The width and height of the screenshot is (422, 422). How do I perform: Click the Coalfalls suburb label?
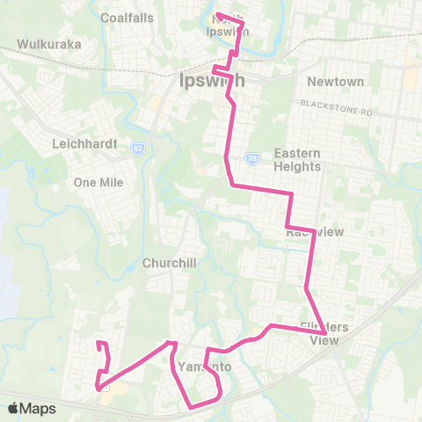coord(127,18)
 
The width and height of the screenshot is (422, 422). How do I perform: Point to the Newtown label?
coord(335,82)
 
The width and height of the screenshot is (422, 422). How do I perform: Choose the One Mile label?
coord(99,182)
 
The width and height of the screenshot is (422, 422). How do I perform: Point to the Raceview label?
coord(308,233)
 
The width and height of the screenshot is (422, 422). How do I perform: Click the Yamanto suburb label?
coord(203,366)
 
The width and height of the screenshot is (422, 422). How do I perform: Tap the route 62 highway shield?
coord(139,147)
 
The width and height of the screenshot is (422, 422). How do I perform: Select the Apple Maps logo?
coord(12,408)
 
